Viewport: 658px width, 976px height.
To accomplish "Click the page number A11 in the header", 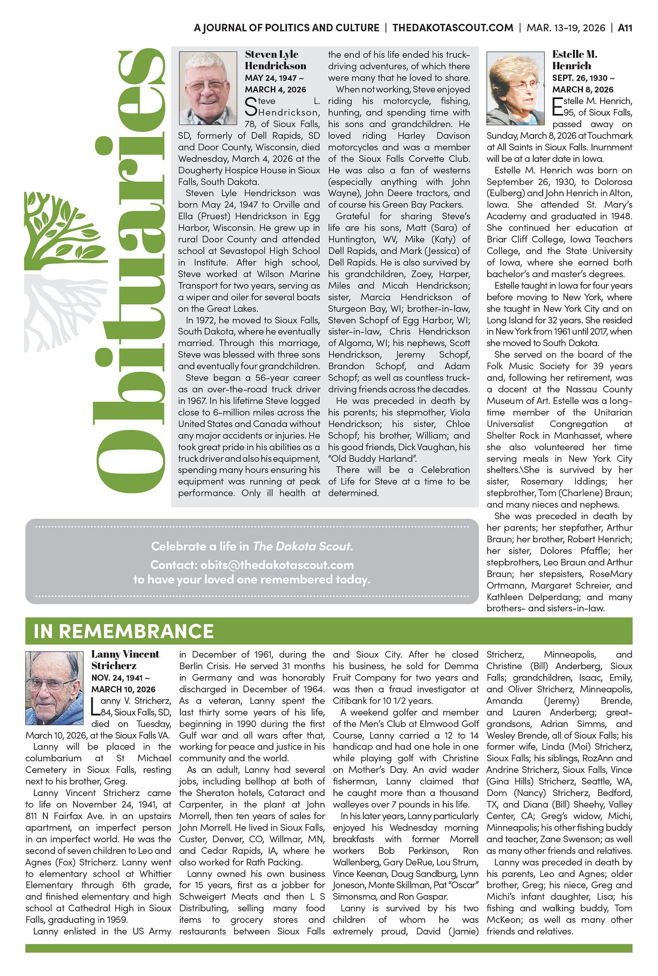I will point(625,28).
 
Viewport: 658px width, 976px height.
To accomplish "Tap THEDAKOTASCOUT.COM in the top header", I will point(452,28).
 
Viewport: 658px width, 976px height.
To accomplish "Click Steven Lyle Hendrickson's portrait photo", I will point(208,88).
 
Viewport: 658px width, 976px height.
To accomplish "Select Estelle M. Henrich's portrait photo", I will point(515,88).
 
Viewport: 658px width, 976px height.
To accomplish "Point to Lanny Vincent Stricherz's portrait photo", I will point(54,688).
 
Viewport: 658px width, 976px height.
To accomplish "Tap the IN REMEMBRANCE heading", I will point(123,631).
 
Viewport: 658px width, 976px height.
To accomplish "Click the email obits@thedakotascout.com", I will point(277,565).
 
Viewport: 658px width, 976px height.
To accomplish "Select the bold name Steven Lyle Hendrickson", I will point(275,60).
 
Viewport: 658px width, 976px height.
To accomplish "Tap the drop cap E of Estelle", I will point(558,107).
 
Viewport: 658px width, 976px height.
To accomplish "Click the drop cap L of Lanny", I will point(96,707).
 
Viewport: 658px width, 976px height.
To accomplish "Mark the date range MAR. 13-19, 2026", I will point(566,28).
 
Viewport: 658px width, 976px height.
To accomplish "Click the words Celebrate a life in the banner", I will point(200,546).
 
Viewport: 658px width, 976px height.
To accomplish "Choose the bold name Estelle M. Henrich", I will point(574,60).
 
